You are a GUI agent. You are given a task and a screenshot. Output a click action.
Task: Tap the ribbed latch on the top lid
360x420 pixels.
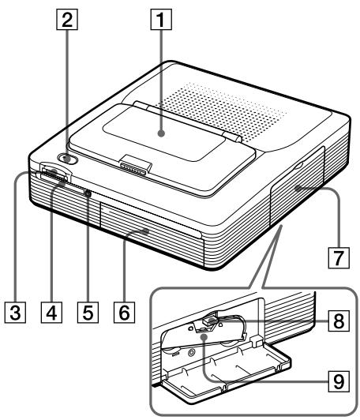pos(135,167)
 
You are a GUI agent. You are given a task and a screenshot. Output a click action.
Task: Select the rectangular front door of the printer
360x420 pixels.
pos(150,233)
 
